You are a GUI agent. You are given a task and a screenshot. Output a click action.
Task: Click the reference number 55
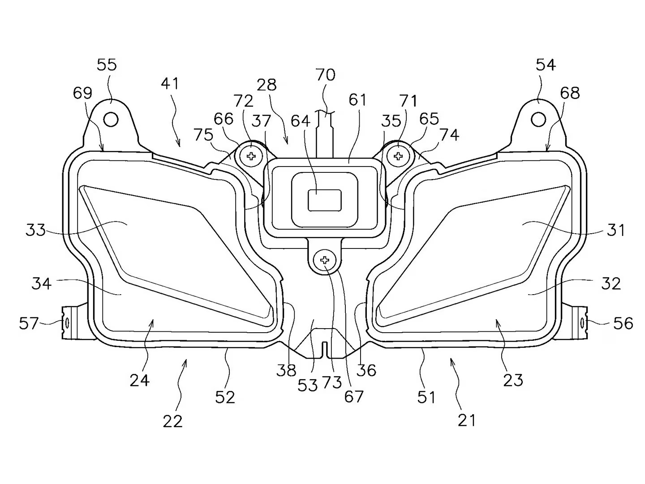point(107,65)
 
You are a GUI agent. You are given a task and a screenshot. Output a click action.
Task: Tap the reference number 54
point(546,65)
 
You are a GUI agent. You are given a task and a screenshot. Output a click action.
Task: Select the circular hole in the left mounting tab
point(111,120)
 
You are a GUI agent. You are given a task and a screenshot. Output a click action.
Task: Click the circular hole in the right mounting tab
point(538,120)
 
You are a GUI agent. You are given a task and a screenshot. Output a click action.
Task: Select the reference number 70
point(325,74)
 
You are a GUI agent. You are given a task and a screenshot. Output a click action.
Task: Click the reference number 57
point(29,323)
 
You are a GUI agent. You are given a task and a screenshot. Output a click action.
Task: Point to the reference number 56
point(623,323)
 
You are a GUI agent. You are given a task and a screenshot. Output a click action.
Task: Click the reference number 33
point(36,230)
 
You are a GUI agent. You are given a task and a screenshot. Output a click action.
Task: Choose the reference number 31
point(616,230)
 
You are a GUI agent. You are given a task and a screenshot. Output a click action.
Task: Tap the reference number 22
point(173,421)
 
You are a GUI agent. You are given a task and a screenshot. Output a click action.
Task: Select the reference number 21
point(467,420)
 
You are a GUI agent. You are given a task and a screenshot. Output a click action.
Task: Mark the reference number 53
point(307,385)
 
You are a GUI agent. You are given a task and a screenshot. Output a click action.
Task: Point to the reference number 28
point(267,85)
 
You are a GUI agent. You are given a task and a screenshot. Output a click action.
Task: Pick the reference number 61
point(358,99)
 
